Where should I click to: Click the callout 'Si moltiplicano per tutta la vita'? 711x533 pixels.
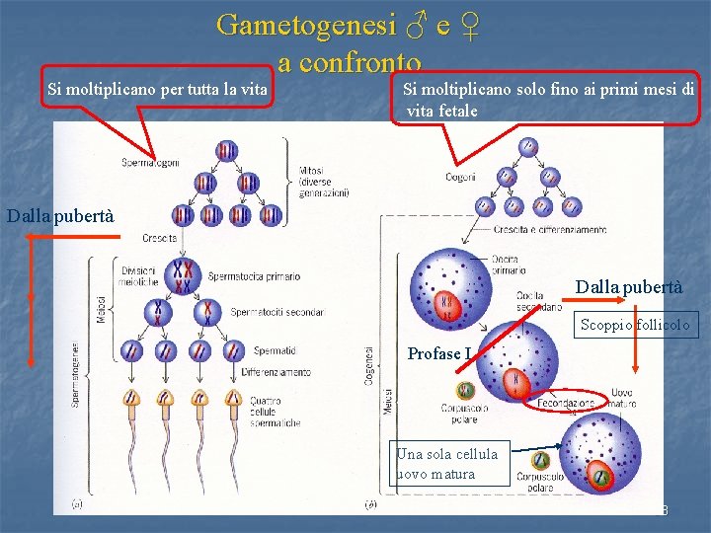coord(158,90)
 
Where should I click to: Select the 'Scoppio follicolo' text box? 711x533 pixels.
coord(637,325)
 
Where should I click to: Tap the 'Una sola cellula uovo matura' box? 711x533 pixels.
coord(449,464)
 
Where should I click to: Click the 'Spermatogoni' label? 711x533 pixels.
coord(150,162)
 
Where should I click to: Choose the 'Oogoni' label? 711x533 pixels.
coord(460,177)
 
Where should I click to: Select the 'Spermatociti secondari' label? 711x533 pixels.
coord(276,312)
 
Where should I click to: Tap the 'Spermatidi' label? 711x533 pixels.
coord(275,349)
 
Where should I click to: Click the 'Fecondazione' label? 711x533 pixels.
coord(566,404)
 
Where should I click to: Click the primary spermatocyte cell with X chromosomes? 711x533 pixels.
coord(183,276)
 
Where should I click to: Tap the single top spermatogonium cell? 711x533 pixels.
coord(228,152)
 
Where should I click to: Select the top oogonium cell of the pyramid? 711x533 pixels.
coord(527,147)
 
